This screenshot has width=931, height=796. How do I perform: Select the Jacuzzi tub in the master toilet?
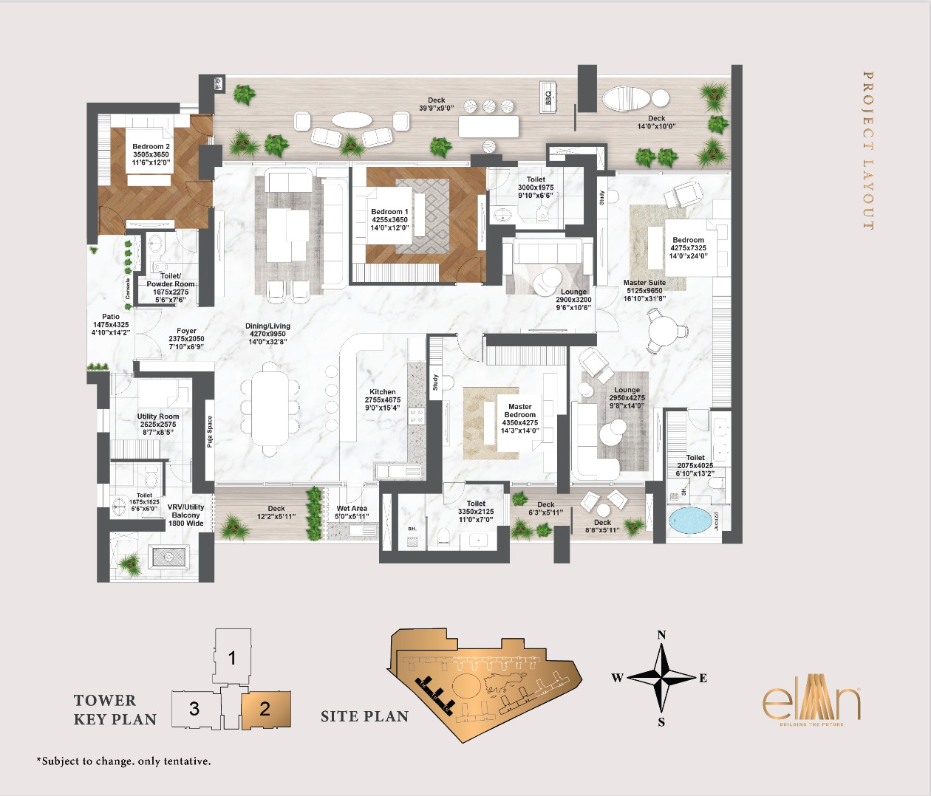pos(692,521)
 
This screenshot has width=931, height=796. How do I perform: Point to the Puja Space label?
pos(210,432)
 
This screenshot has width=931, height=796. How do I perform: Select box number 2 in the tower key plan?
pos(265,710)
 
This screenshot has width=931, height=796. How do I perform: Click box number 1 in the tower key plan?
pos(232,657)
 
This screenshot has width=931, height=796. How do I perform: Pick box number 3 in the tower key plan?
pos(194,710)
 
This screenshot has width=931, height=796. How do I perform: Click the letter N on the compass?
pos(661,635)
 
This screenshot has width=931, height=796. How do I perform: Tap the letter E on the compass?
pos(703,678)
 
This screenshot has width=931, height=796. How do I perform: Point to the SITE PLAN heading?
pos(364,716)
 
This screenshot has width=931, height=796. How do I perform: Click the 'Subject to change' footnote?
pos(123,761)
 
